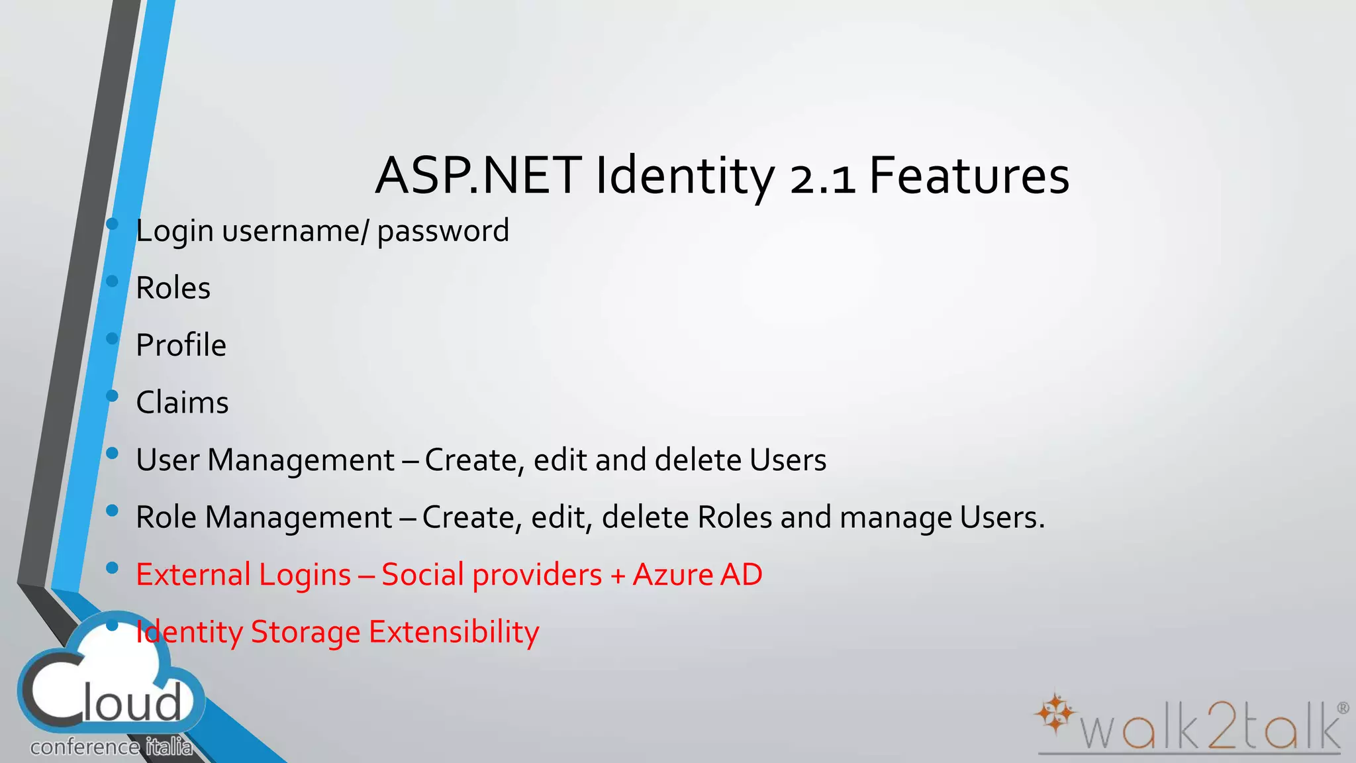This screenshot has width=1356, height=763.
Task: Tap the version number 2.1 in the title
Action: pyautogui.click(x=823, y=179)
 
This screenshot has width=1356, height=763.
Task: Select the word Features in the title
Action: pyautogui.click(x=969, y=176)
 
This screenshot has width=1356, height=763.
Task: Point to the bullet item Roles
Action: pyautogui.click(x=173, y=288)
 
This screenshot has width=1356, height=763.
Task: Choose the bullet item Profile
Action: pyautogui.click(x=181, y=345)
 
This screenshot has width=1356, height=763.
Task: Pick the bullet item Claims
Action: pyautogui.click(x=182, y=403)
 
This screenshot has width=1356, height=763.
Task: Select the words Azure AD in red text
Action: pyautogui.click(x=697, y=574)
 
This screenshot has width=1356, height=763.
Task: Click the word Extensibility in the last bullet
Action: pyautogui.click(x=454, y=632)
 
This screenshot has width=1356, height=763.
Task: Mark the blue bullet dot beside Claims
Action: pyautogui.click(x=112, y=396)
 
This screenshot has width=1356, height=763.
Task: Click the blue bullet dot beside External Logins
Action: pyautogui.click(x=112, y=568)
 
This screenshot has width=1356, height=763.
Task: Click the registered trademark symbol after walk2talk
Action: pyautogui.click(x=1343, y=708)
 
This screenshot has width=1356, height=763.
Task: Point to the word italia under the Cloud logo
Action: pyautogui.click(x=169, y=748)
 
